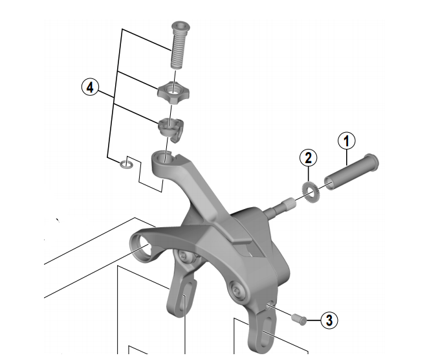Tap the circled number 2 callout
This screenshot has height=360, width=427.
pyautogui.click(x=309, y=157)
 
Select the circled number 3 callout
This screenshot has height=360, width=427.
pyautogui.click(x=329, y=319)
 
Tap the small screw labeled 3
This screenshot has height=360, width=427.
pyautogui.click(x=298, y=318)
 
